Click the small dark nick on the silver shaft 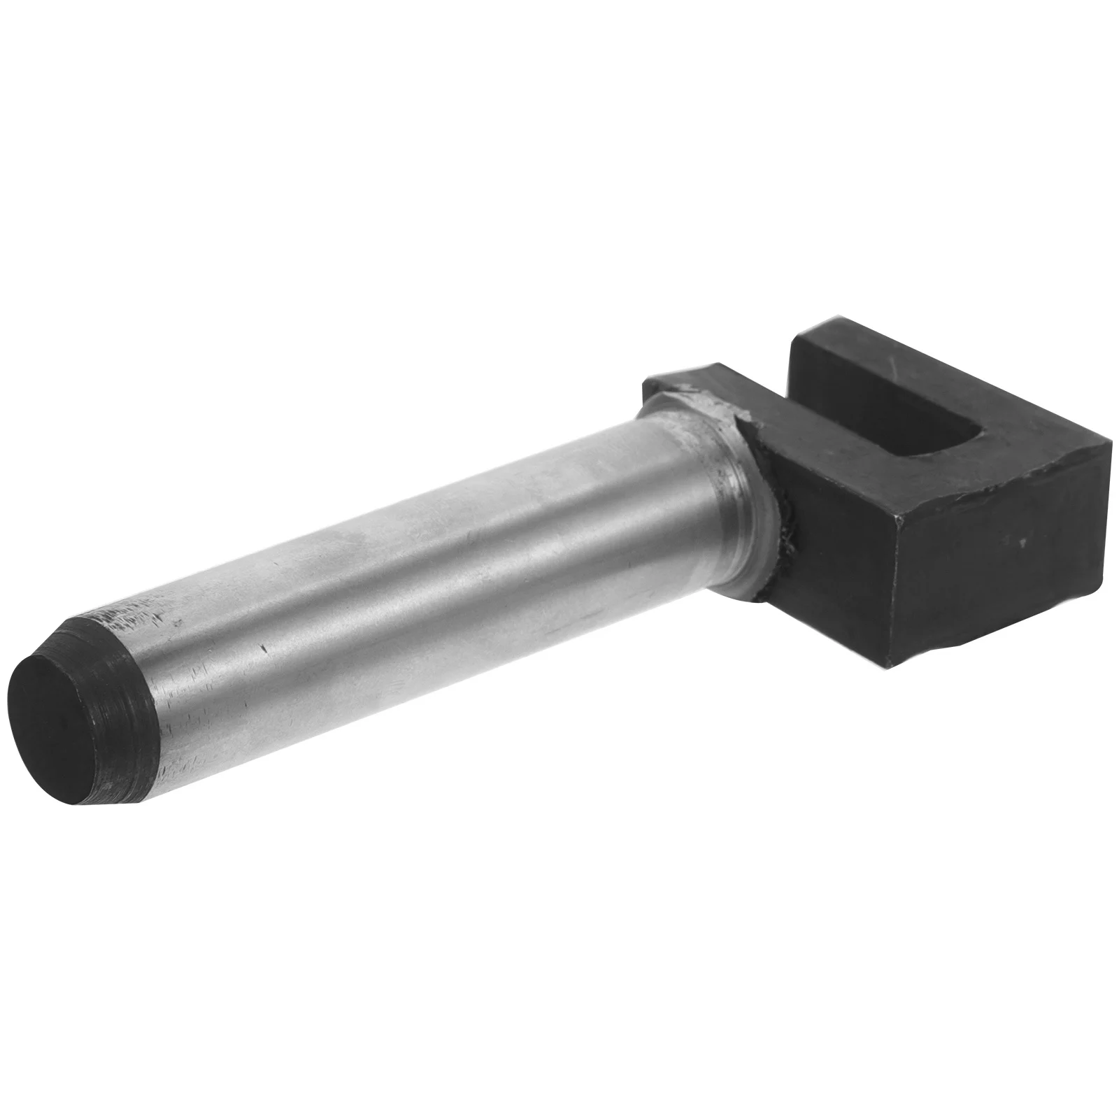tap(264, 648)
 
